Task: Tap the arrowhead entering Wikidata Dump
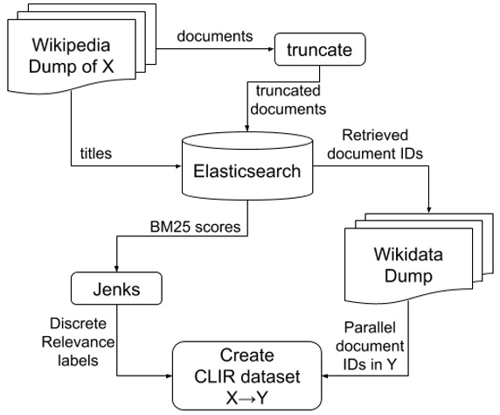click(428, 207)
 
